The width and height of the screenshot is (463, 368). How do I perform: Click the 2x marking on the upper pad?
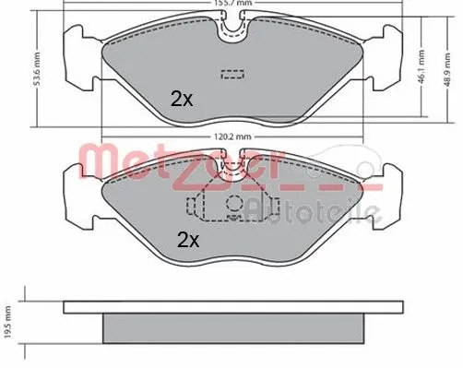coord(182,100)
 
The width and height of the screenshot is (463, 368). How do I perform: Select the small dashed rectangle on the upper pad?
coord(229,76)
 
